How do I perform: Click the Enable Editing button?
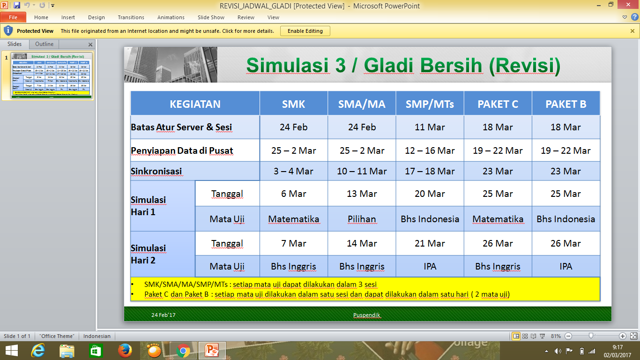[x=305, y=31]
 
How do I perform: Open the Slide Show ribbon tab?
[x=211, y=17]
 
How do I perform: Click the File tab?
[x=13, y=17]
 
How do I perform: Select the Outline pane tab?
[x=45, y=44]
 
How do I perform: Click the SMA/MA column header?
[x=362, y=104]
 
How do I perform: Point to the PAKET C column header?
[x=498, y=104]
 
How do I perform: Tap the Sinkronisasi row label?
[x=156, y=171]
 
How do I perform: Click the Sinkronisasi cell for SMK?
[x=293, y=171]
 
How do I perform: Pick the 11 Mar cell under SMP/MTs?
[x=430, y=127]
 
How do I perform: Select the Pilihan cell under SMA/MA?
[x=362, y=219]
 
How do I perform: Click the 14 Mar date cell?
[x=362, y=243]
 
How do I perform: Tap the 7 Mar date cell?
[x=293, y=243]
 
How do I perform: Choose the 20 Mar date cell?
[x=430, y=194]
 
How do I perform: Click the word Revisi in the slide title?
[x=524, y=65]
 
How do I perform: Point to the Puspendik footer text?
[x=367, y=315]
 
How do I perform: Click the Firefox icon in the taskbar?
[x=125, y=351]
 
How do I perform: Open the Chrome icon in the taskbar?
[x=183, y=351]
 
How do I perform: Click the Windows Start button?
[x=11, y=351]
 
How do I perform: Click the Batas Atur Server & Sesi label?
[x=181, y=127]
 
